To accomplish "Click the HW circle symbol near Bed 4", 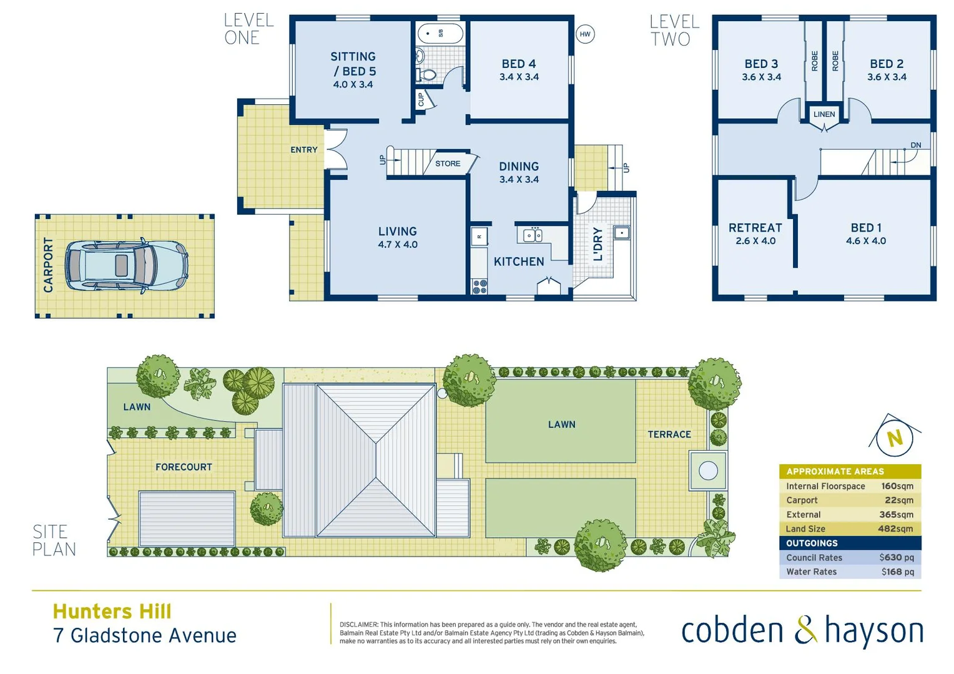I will (585, 34).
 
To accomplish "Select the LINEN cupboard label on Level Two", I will (824, 114).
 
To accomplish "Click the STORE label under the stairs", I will (448, 164).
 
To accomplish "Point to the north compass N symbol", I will (895, 438).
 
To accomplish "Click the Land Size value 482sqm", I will (895, 529).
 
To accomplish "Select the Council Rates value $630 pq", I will (896, 557).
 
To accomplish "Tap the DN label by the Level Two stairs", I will (915, 145).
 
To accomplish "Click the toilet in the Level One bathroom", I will (428, 76).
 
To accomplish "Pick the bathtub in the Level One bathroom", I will (440, 33).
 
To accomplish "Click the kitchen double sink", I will (533, 235).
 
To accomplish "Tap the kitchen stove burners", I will (479, 286).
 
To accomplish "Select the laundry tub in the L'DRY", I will (621, 233).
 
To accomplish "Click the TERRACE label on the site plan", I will (669, 434).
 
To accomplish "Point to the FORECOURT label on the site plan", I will (184, 467).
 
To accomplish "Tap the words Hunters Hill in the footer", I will (112, 611).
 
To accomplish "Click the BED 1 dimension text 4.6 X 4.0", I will (865, 241).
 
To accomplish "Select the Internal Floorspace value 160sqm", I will (897, 486).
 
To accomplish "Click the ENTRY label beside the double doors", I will (304, 150).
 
